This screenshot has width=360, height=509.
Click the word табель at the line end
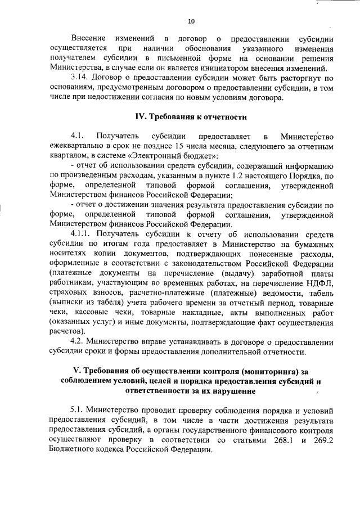[x=321, y=292]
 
